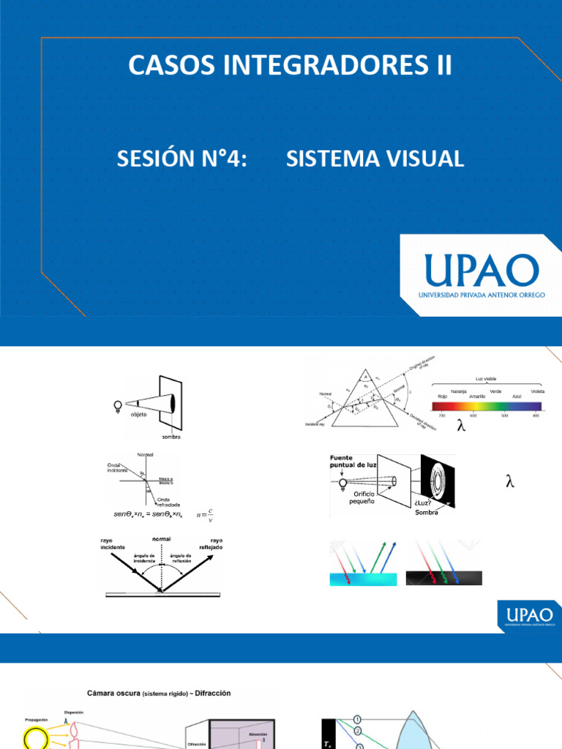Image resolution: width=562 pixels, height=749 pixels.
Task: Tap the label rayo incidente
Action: click(113, 543)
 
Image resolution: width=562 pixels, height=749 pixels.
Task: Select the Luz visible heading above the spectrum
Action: click(485, 378)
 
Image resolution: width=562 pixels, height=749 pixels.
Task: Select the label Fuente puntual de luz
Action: click(351, 462)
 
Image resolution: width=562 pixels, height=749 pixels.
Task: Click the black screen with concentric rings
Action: click(438, 483)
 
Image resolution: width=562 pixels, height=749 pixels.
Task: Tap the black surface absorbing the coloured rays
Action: click(445, 577)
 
